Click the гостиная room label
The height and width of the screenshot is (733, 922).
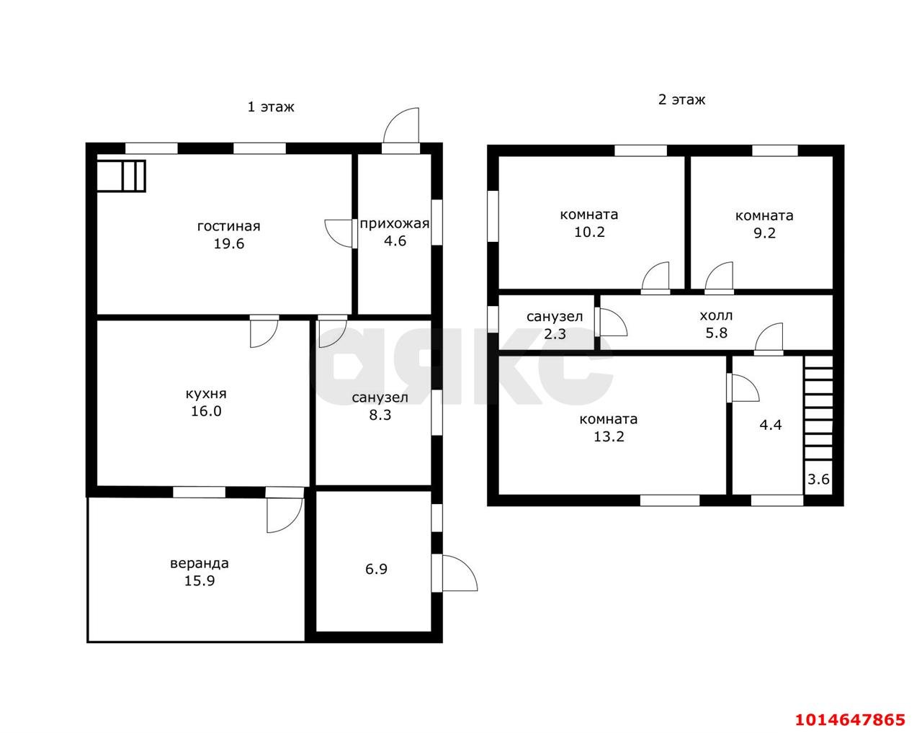[x=228, y=226]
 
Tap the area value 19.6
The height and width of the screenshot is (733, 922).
[x=229, y=244]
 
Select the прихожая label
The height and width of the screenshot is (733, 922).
[x=394, y=224]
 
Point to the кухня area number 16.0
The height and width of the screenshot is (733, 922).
[x=206, y=411]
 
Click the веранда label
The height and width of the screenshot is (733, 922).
[x=200, y=563]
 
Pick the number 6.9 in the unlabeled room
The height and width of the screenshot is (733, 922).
[x=376, y=569]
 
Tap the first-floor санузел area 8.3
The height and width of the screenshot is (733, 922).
[x=380, y=415]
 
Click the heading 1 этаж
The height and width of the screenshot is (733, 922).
[x=271, y=107]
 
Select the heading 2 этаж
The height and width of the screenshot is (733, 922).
[x=681, y=100]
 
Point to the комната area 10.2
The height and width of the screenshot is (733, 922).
[x=589, y=232]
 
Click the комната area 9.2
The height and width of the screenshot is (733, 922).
[x=764, y=233]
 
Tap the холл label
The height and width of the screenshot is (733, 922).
[x=716, y=316]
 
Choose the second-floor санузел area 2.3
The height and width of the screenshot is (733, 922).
[x=555, y=333]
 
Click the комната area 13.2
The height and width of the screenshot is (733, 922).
[x=609, y=436]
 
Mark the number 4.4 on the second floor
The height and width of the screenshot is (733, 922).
[x=770, y=425]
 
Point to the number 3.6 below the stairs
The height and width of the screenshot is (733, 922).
[x=818, y=479]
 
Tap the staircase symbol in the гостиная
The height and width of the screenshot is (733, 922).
[x=121, y=176]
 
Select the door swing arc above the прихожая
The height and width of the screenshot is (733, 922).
[x=400, y=125]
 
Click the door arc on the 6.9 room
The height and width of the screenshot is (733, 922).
[x=460, y=573]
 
